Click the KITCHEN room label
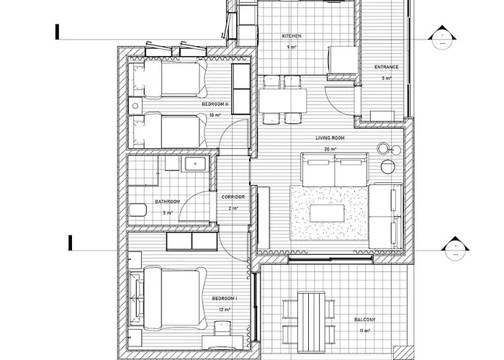(x=292, y=35)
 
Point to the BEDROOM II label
(x=215, y=104)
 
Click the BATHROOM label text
(x=167, y=202)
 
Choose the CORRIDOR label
(x=233, y=197)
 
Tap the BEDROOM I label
(x=225, y=299)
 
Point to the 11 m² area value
(x=364, y=330)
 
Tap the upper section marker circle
(x=438, y=38)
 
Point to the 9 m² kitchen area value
(x=292, y=47)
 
